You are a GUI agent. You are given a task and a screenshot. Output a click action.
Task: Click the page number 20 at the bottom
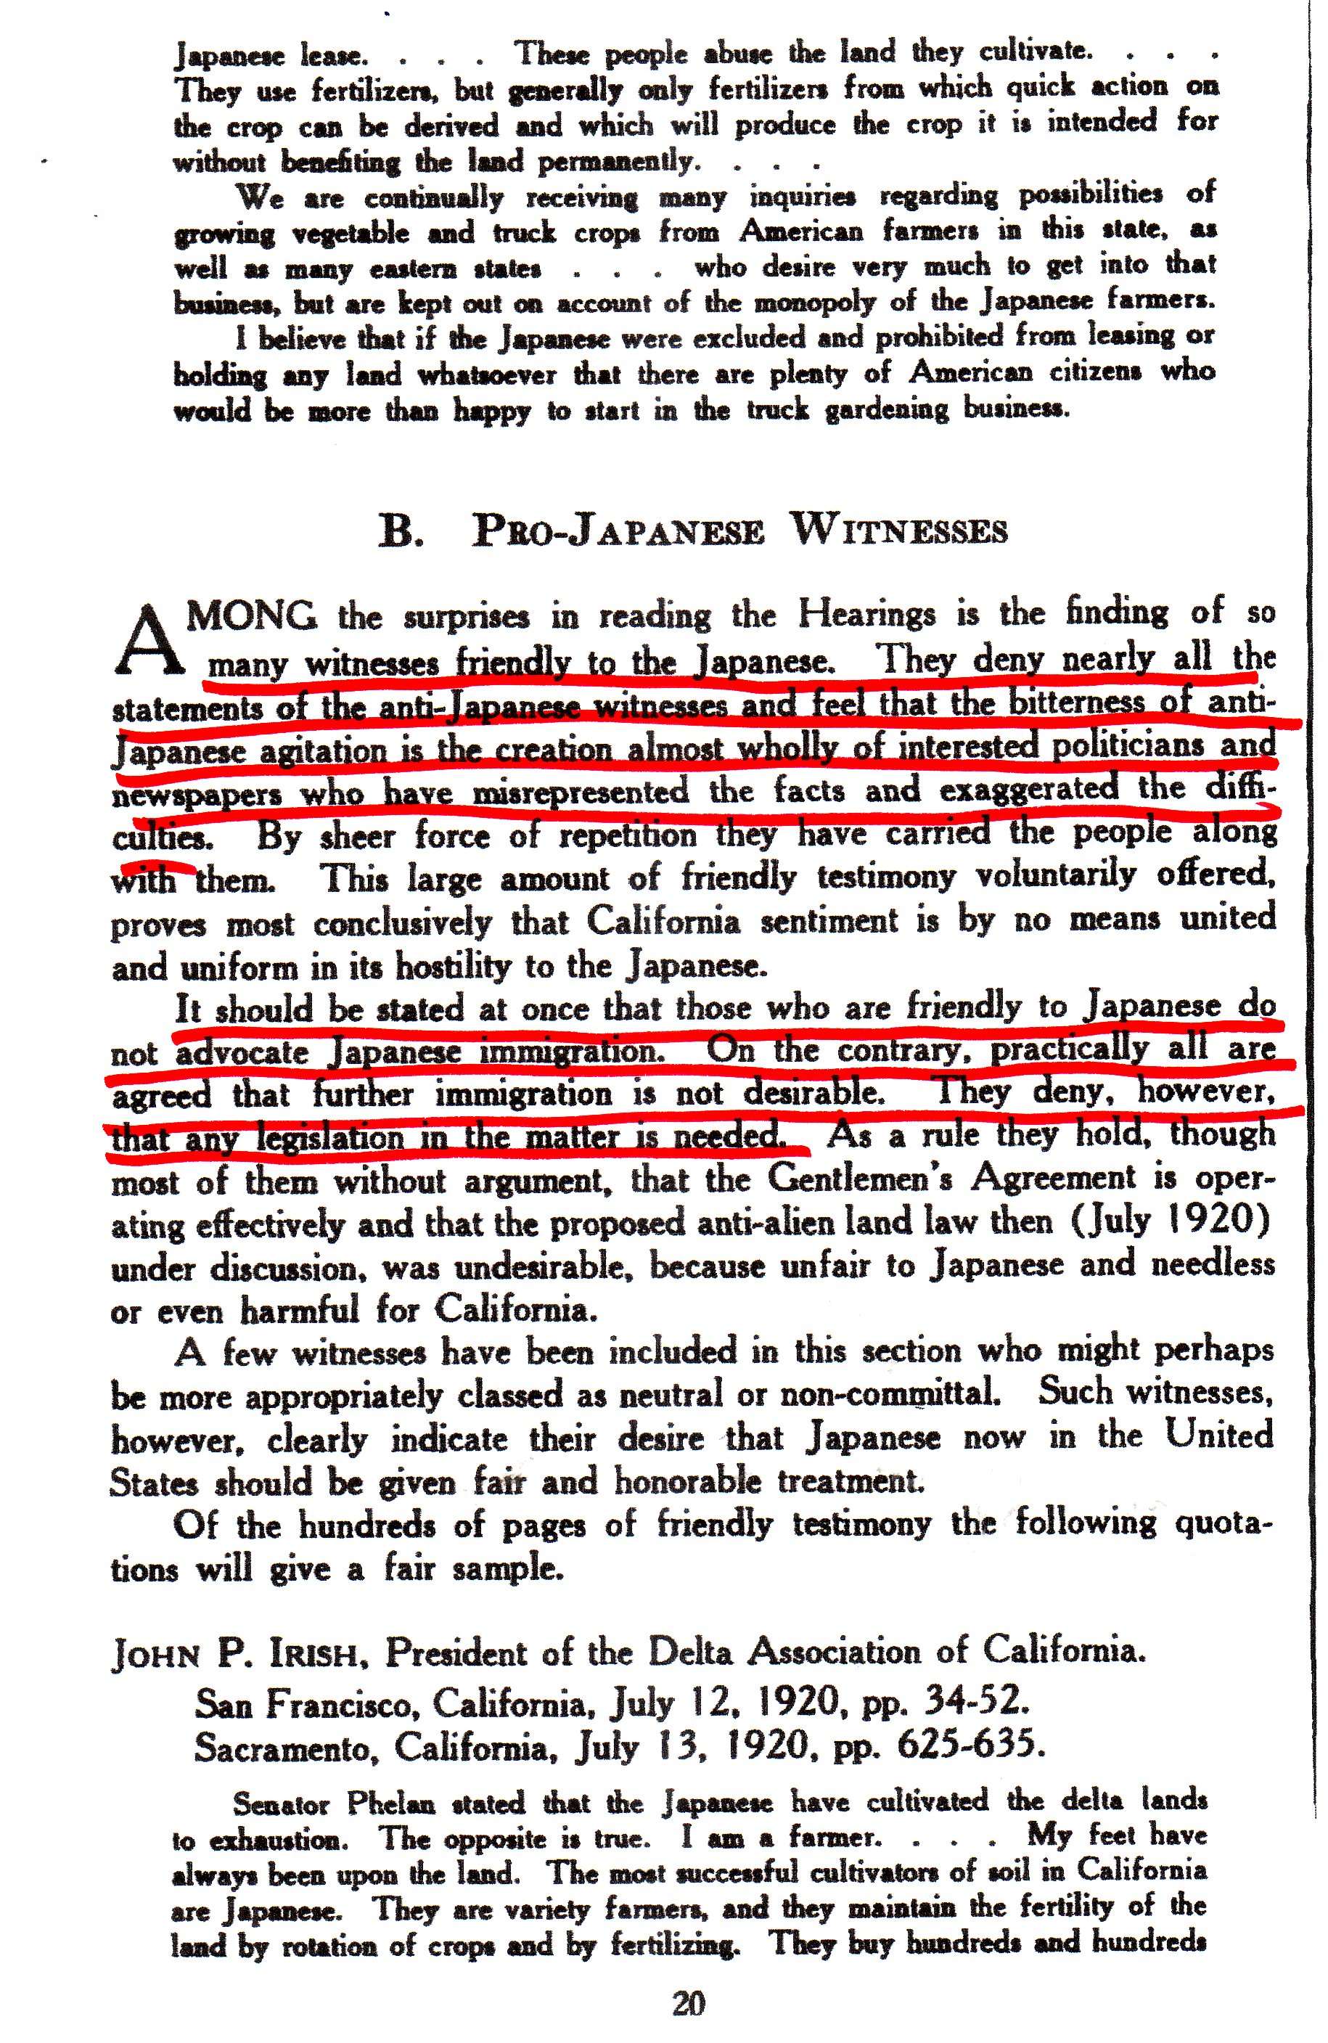pos(689,2005)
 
